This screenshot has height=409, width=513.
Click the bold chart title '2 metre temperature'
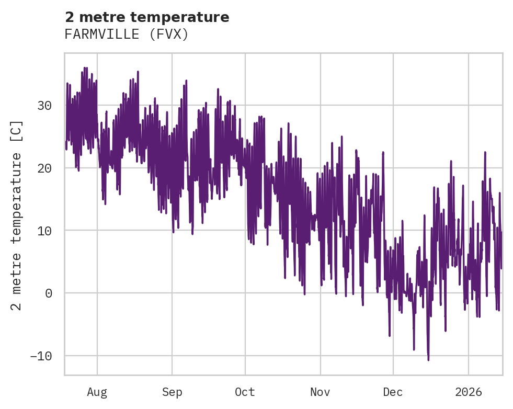tap(147, 17)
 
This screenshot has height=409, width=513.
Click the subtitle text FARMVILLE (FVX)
tap(126, 35)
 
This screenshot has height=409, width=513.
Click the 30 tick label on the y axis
tap(45, 106)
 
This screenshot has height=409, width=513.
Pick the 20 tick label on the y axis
tap(45, 168)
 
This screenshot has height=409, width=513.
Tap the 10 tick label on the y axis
tap(45, 231)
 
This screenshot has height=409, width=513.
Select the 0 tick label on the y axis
tap(49, 293)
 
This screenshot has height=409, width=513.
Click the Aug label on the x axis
tap(97, 392)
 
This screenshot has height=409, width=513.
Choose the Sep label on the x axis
tap(172, 392)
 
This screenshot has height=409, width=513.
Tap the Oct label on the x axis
tap(245, 392)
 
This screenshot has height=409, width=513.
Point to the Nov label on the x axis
tap(320, 392)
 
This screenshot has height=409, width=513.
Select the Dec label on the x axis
tap(393, 392)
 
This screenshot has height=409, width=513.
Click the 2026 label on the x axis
tap(468, 392)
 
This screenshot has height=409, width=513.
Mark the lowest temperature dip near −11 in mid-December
tap(428, 359)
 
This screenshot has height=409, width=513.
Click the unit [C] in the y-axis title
tap(17, 131)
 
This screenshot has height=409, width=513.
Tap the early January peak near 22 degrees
tap(485, 152)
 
